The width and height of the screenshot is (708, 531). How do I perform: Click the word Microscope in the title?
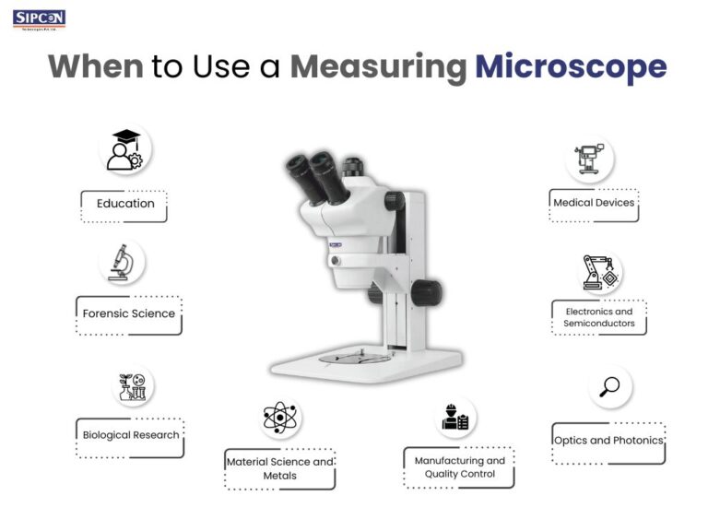coord(570,67)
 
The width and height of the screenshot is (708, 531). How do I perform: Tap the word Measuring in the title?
coord(378,67)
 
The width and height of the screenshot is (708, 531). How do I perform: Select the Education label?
coord(124,204)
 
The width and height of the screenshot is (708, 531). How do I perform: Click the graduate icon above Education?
coord(124,150)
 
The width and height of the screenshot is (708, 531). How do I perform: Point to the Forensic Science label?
coord(128,313)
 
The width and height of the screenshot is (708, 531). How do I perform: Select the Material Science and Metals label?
coord(279,468)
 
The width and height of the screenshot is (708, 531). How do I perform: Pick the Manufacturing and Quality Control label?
coord(459,467)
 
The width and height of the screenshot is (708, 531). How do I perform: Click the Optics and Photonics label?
coord(608,441)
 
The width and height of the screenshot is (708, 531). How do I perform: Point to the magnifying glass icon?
coord(609,387)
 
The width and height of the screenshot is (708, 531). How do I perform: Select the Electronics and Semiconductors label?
coord(598,317)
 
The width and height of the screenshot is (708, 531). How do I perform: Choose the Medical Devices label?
coord(594,203)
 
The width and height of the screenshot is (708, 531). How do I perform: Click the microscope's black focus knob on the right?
coord(425,292)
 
